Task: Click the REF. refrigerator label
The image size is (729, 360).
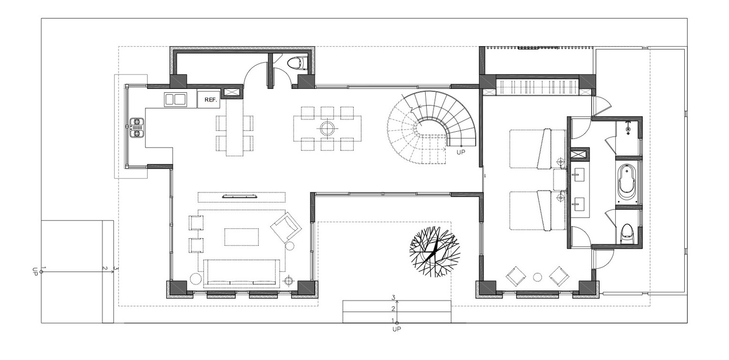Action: point(210,100)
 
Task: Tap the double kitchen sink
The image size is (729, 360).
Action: point(175,100)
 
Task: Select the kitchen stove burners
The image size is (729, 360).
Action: point(137,127)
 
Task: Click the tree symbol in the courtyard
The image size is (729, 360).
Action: point(434,252)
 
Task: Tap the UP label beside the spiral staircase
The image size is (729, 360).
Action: point(461,152)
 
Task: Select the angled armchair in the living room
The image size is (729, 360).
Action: point(286,227)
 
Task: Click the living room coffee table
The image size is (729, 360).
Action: point(242,237)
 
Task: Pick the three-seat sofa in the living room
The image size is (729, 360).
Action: point(242,274)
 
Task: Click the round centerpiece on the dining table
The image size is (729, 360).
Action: point(327,128)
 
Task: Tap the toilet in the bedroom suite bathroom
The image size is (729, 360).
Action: point(626,234)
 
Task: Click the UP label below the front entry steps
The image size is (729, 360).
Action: point(397,329)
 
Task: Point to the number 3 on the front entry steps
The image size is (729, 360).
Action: point(393,297)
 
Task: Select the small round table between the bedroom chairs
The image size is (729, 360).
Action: point(538,277)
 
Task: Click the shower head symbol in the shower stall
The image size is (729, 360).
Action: point(628,127)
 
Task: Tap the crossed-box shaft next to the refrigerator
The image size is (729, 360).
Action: point(231,92)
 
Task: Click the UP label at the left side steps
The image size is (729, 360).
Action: point(35,272)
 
